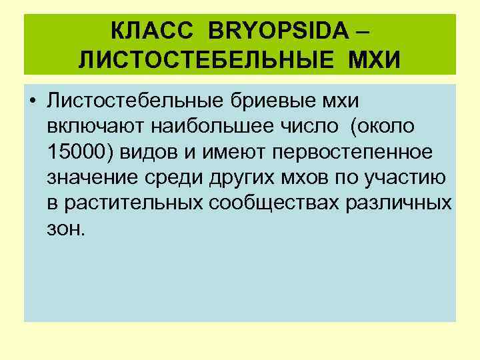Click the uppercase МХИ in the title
pyautogui.click(x=373, y=60)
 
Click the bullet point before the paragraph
pyautogui.click(x=32, y=101)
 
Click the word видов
pyautogui.click(x=151, y=152)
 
